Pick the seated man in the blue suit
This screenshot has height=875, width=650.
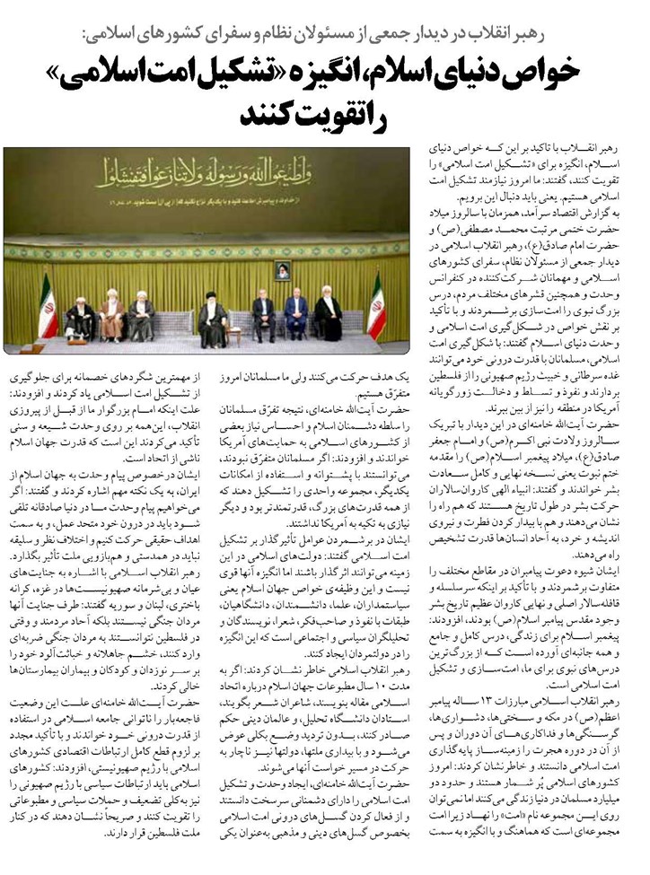(x=295, y=315)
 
